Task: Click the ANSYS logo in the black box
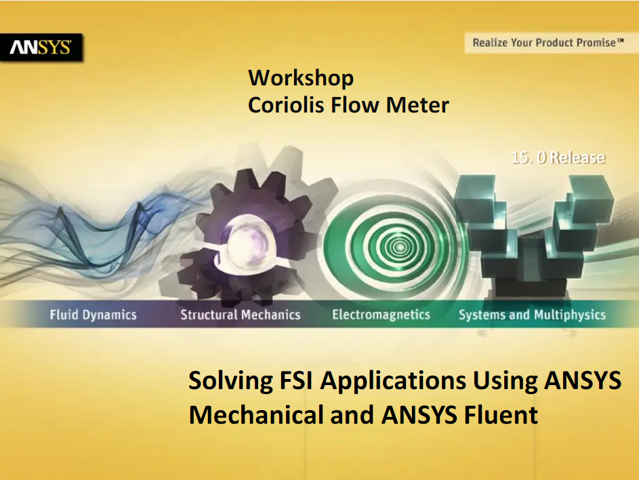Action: tap(41, 47)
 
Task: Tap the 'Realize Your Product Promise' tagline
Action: tap(548, 43)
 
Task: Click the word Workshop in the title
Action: tap(301, 77)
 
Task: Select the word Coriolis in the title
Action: tap(286, 105)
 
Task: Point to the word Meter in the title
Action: tap(417, 105)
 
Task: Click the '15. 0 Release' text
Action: tap(558, 157)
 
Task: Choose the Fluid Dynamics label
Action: tap(93, 315)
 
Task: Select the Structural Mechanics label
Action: tap(241, 315)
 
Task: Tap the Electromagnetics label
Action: tap(381, 315)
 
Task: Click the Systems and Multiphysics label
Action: tap(532, 315)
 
